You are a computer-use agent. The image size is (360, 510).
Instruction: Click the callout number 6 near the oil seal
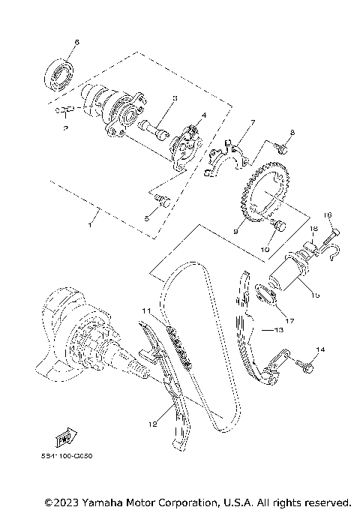point(76,42)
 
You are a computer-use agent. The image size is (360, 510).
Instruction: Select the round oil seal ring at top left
point(60,73)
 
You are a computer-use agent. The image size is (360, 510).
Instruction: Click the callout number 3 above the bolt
point(174,98)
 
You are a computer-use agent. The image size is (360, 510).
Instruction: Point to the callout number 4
point(202,116)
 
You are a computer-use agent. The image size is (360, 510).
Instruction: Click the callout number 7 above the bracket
point(253,121)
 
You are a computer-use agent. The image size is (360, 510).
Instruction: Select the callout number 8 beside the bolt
point(292,133)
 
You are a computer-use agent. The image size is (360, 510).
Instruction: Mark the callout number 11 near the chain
point(147,310)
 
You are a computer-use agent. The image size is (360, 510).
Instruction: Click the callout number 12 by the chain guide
point(152,424)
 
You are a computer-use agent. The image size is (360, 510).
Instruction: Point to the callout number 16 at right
point(327,214)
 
